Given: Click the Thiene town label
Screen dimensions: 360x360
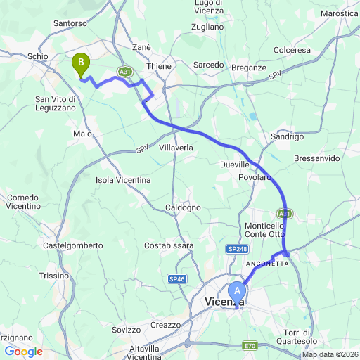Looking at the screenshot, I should [x=159, y=65].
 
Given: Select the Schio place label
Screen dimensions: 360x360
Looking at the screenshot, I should [x=37, y=56].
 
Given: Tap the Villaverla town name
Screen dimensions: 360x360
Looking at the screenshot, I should [x=176, y=148].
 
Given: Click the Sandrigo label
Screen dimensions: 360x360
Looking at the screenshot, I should [x=286, y=136].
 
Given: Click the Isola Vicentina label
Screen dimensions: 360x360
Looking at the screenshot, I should [x=123, y=180].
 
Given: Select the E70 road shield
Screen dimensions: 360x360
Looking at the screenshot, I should [x=250, y=345].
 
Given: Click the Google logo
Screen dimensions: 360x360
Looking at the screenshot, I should [x=23, y=352].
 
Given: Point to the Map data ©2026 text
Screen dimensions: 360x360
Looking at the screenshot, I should [x=330, y=354].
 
